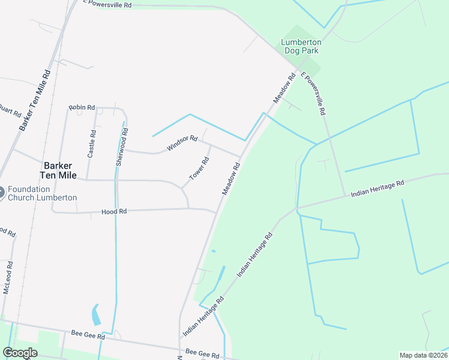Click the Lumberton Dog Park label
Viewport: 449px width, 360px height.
(x=301, y=47)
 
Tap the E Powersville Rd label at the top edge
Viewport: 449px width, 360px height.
(x=107, y=4)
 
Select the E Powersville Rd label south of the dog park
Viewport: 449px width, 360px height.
(x=313, y=94)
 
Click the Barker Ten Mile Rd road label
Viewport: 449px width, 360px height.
(x=35, y=100)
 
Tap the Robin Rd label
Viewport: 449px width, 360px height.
(x=82, y=107)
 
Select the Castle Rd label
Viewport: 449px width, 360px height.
(x=91, y=143)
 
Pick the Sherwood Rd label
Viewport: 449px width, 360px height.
(x=122, y=148)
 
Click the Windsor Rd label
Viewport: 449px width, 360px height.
(x=182, y=143)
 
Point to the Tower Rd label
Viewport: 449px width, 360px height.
(x=199, y=169)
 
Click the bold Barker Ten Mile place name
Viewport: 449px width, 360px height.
(x=58, y=171)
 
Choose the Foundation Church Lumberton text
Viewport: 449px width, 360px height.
(x=43, y=193)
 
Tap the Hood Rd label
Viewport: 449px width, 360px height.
(x=114, y=212)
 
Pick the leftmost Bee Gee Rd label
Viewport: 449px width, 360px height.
(x=84, y=333)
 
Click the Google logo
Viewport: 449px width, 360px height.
(x=20, y=353)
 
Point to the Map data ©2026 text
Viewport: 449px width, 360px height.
(x=423, y=355)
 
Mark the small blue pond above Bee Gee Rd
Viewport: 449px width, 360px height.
(x=96, y=314)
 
